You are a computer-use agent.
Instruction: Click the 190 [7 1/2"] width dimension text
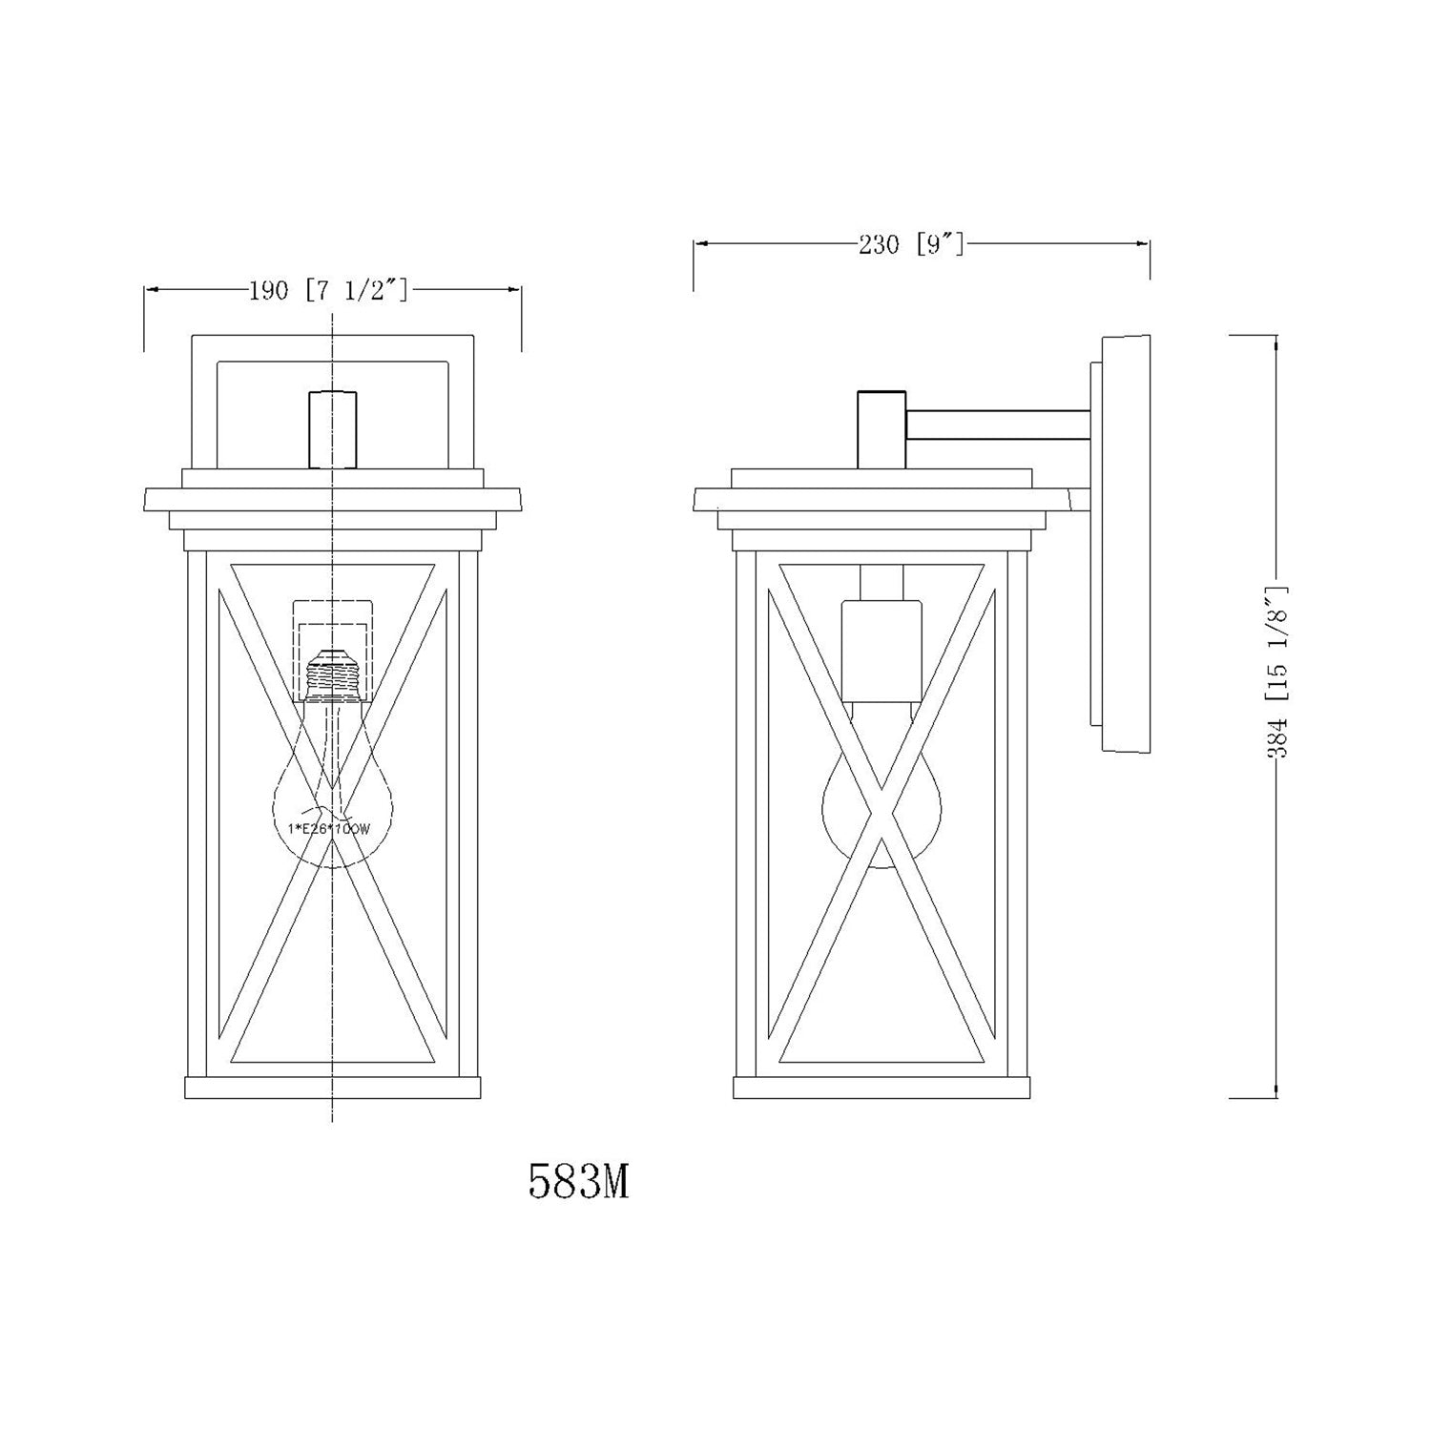[x=329, y=291]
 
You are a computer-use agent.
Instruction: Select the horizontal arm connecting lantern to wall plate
[x=998, y=425]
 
